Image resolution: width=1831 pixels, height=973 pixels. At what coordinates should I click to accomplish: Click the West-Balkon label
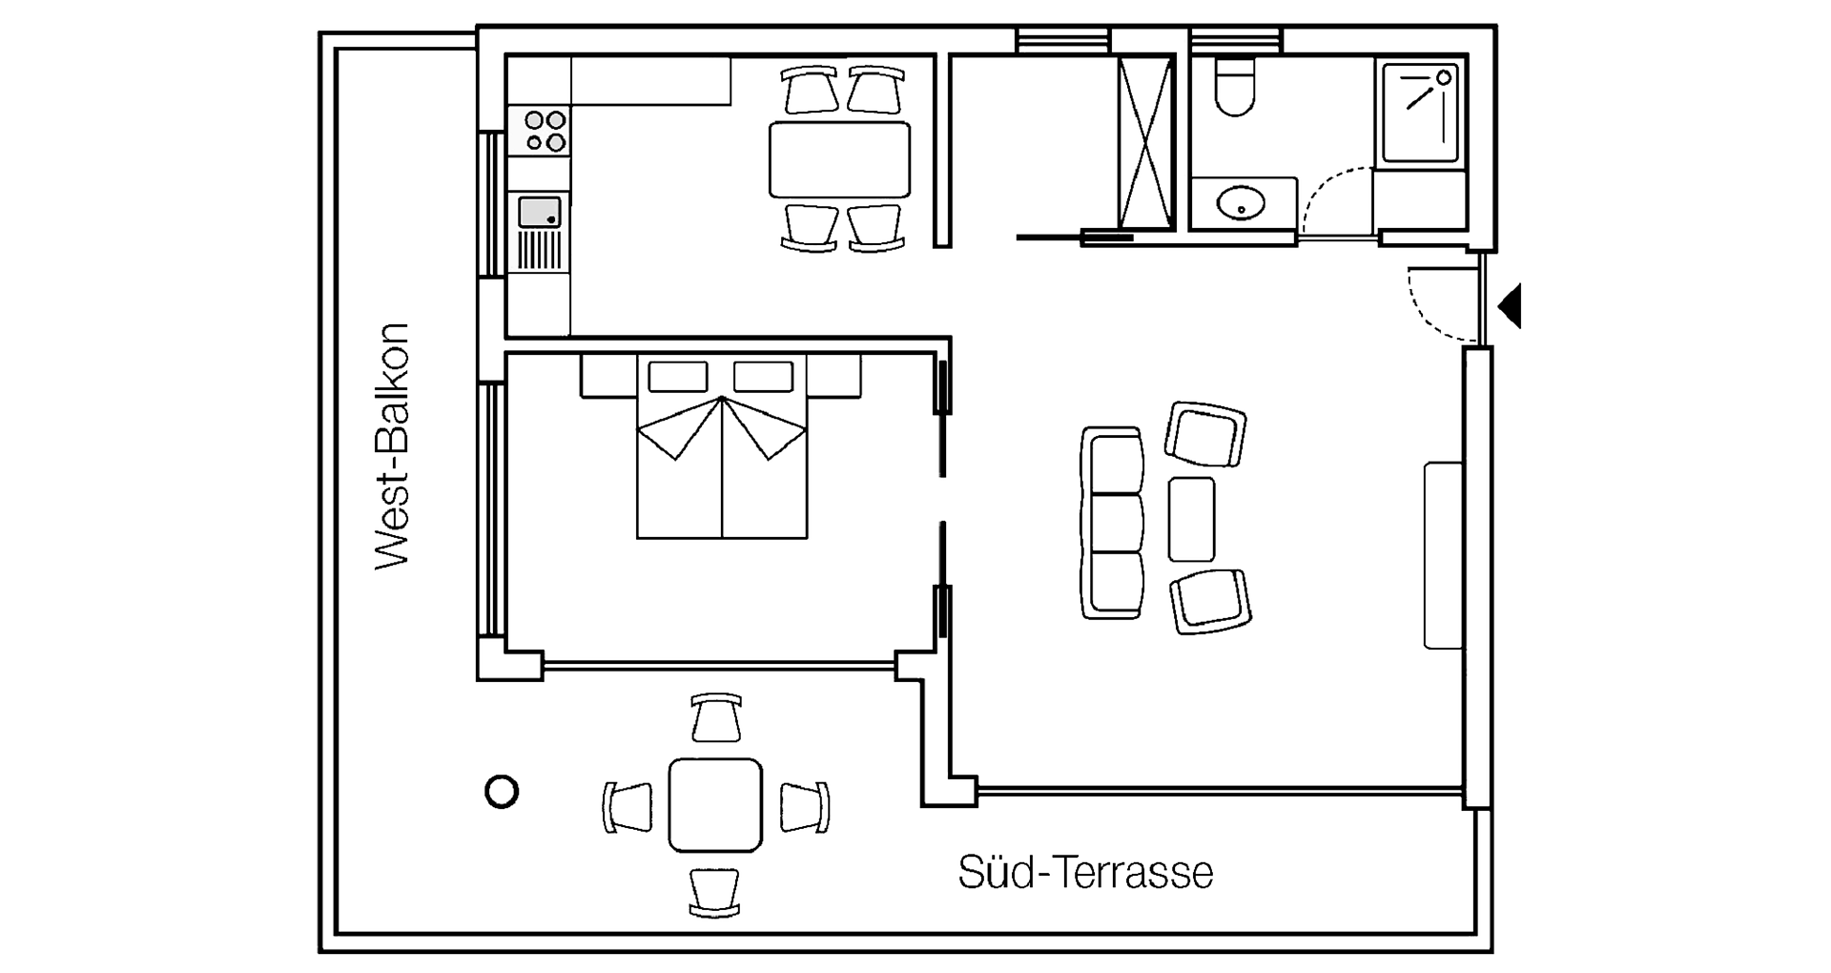[392, 446]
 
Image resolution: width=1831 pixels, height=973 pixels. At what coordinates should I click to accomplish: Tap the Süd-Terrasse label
[1085, 872]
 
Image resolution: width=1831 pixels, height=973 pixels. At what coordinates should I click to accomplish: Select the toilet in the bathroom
[1236, 86]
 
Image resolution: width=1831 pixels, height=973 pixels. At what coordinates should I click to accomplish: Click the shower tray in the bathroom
[1419, 113]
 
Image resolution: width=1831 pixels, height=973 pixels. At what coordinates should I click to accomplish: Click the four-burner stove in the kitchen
[539, 132]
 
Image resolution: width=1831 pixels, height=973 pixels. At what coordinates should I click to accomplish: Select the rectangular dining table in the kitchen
[839, 158]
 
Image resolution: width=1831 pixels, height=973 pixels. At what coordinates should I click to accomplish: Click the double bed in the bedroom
[722, 446]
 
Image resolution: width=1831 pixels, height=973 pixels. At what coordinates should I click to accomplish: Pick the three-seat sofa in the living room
[1112, 522]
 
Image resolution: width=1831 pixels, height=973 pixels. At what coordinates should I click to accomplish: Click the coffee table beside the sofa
[1191, 519]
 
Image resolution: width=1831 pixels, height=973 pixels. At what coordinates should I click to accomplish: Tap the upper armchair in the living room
[1205, 434]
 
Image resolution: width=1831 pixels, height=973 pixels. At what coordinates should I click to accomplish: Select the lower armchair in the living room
[1210, 601]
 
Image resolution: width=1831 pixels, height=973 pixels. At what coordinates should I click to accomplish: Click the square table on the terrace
[715, 805]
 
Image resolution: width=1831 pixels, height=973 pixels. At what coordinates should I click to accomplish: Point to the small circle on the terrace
[502, 792]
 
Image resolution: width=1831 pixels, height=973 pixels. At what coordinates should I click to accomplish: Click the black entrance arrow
[1511, 306]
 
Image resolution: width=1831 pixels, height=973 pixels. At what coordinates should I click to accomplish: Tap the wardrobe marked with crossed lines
[1145, 143]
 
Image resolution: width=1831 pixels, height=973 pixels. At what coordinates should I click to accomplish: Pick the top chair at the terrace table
[716, 717]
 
